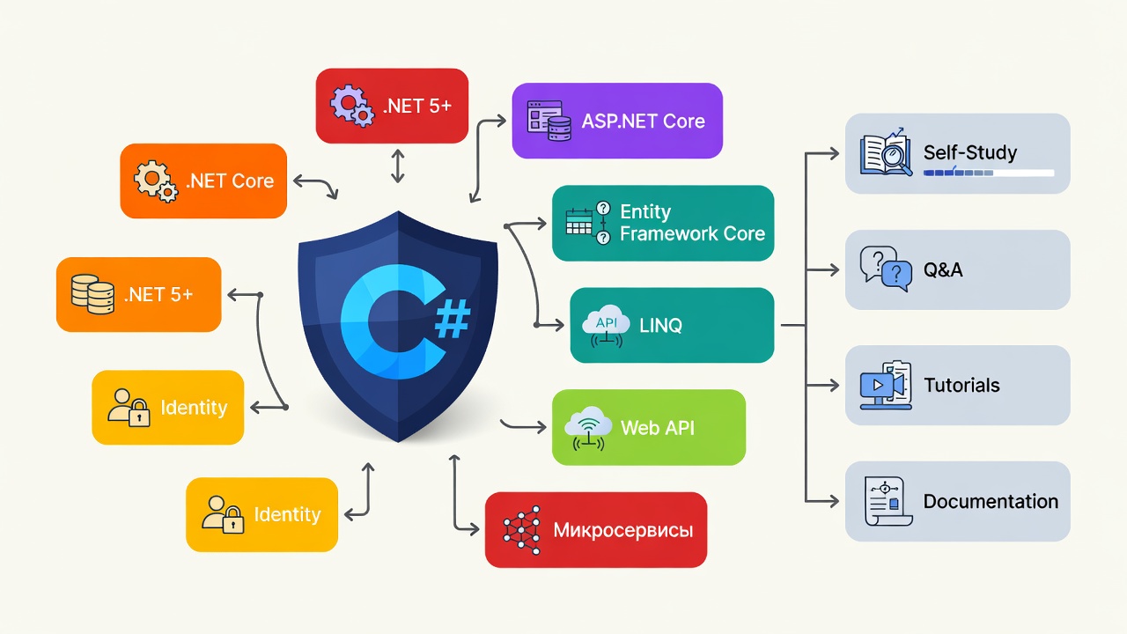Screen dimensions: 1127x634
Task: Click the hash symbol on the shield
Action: point(452,319)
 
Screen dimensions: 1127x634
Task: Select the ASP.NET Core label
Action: point(643,121)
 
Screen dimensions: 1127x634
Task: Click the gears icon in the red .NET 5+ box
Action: point(351,106)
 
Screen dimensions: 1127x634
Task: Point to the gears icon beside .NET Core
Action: point(156,181)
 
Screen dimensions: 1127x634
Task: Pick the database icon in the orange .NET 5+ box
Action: point(92,294)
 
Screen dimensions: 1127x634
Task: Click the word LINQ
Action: point(660,326)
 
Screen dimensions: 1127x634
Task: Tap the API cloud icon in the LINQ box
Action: point(606,326)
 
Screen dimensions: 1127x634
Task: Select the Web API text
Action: point(657,428)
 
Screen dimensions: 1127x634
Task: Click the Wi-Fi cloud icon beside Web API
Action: point(588,428)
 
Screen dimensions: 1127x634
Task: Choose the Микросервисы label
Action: point(622,530)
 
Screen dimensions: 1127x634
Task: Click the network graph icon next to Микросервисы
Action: point(522,530)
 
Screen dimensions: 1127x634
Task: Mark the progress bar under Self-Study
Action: point(989,173)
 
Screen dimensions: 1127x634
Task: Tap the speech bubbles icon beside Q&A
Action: point(886,269)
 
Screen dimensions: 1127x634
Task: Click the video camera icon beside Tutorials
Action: point(886,385)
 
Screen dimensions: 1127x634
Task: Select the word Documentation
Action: point(991,501)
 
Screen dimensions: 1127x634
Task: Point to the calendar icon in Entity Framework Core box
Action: point(578,222)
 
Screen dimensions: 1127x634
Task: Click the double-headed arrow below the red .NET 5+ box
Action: point(397,166)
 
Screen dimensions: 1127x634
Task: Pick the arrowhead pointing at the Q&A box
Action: point(833,270)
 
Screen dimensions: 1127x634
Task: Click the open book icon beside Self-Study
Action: point(886,152)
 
